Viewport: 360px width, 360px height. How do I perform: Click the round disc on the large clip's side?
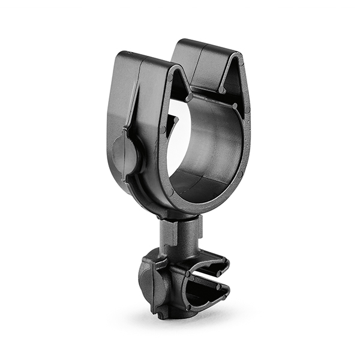coord(125,155)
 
